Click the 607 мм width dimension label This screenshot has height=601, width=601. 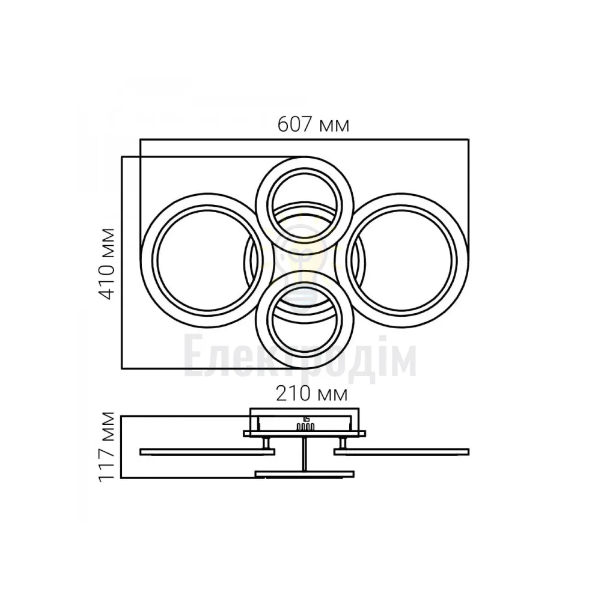313,124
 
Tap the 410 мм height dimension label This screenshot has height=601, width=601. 107,264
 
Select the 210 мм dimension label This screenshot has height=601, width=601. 311,394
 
